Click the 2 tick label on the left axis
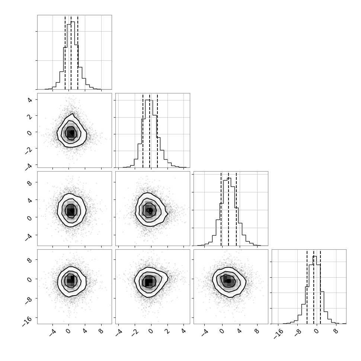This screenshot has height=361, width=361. pos(30,116)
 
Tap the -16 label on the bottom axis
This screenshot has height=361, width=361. pos(278,334)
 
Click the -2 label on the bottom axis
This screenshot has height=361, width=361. pos(135,332)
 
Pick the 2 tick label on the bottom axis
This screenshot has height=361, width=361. pos(167,331)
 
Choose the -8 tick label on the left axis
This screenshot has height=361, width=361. pos(28,300)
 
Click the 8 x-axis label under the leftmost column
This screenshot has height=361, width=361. pos(101,331)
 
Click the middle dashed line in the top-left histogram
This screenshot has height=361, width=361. pos(71,52)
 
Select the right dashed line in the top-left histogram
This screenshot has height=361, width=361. pos(78,52)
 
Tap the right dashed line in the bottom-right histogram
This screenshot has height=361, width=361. pos(320,287)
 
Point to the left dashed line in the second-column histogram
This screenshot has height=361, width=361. pos(143,131)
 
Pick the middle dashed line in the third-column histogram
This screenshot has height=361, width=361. pos(229,209)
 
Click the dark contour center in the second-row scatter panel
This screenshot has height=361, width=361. pos(71,133)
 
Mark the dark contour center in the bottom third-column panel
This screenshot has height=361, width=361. pos(228,281)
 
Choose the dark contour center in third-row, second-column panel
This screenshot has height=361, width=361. pos(150,210)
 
